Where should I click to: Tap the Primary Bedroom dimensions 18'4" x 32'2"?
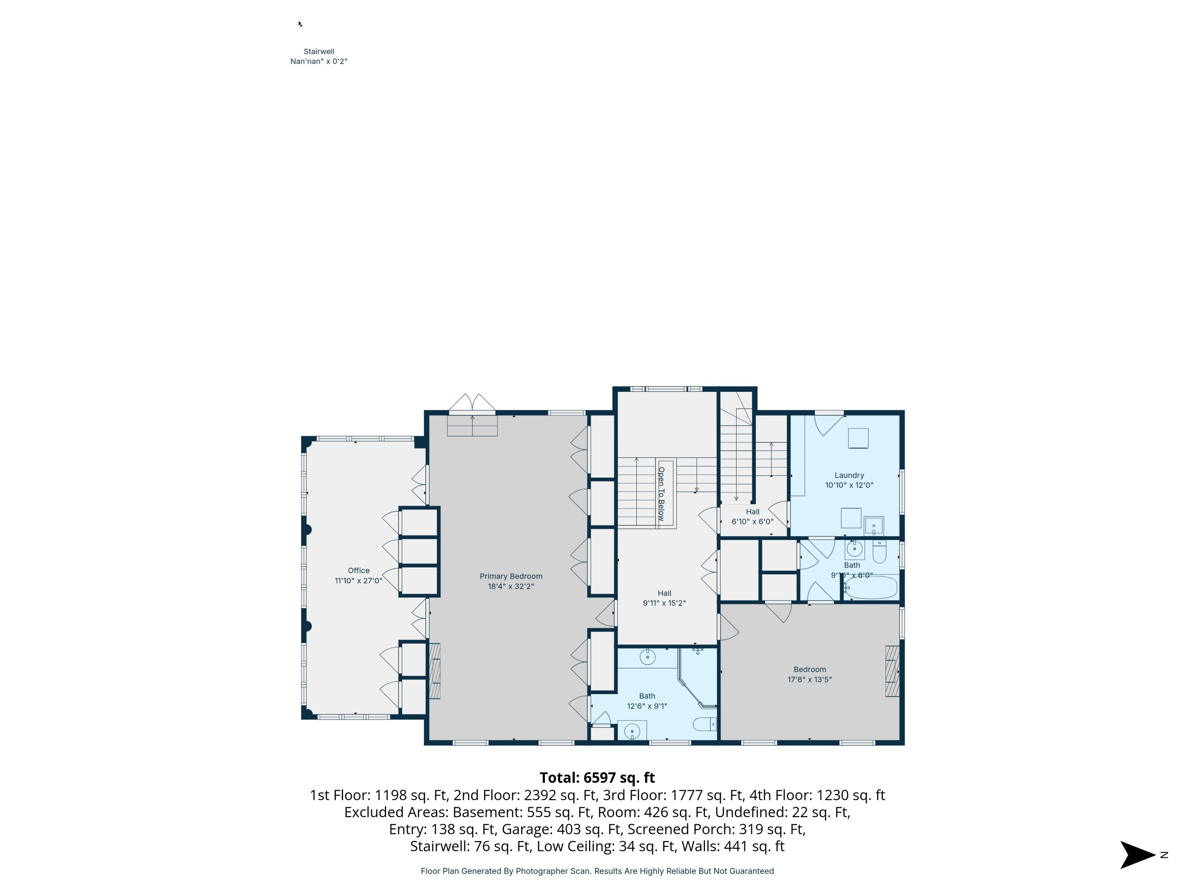(x=511, y=586)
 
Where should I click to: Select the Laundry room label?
(x=849, y=475)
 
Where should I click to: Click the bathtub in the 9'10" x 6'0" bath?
(x=871, y=588)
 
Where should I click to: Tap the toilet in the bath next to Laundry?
(x=880, y=552)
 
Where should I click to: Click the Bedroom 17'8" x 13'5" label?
(x=809, y=669)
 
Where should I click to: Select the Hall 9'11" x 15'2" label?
(x=664, y=593)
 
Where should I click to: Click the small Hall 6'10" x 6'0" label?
(x=752, y=511)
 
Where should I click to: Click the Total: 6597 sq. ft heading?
(x=597, y=778)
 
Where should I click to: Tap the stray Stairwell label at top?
(x=319, y=52)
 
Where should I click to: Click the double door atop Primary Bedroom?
(x=472, y=403)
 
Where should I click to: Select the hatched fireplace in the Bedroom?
(x=892, y=671)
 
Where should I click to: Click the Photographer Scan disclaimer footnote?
(x=597, y=871)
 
